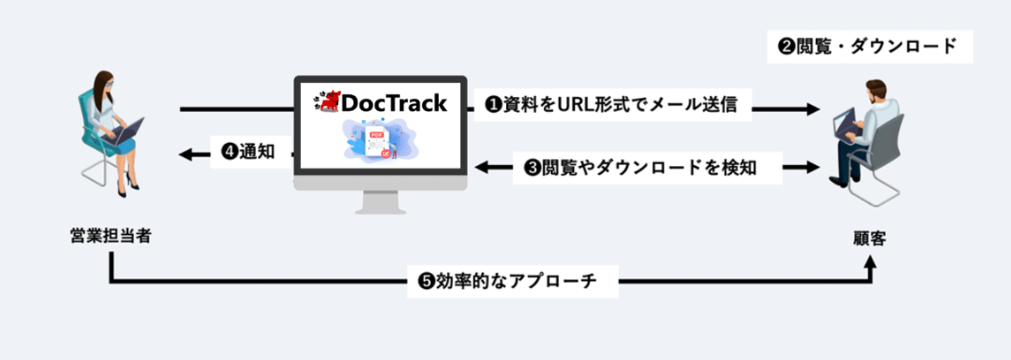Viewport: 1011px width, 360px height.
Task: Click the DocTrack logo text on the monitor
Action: click(393, 103)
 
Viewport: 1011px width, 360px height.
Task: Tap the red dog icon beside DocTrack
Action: click(326, 102)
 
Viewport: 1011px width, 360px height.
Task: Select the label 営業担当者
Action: click(110, 236)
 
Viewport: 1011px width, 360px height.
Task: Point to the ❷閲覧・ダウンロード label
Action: click(870, 46)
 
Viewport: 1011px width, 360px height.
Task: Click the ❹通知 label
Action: click(248, 152)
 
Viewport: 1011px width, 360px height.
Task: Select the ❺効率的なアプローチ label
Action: click(513, 281)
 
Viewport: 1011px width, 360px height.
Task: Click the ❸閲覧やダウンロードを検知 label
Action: click(648, 168)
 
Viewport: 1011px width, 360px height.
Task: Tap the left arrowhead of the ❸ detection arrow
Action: click(481, 168)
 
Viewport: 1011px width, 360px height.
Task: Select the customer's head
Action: click(874, 90)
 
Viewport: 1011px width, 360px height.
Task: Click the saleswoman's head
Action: click(106, 85)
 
